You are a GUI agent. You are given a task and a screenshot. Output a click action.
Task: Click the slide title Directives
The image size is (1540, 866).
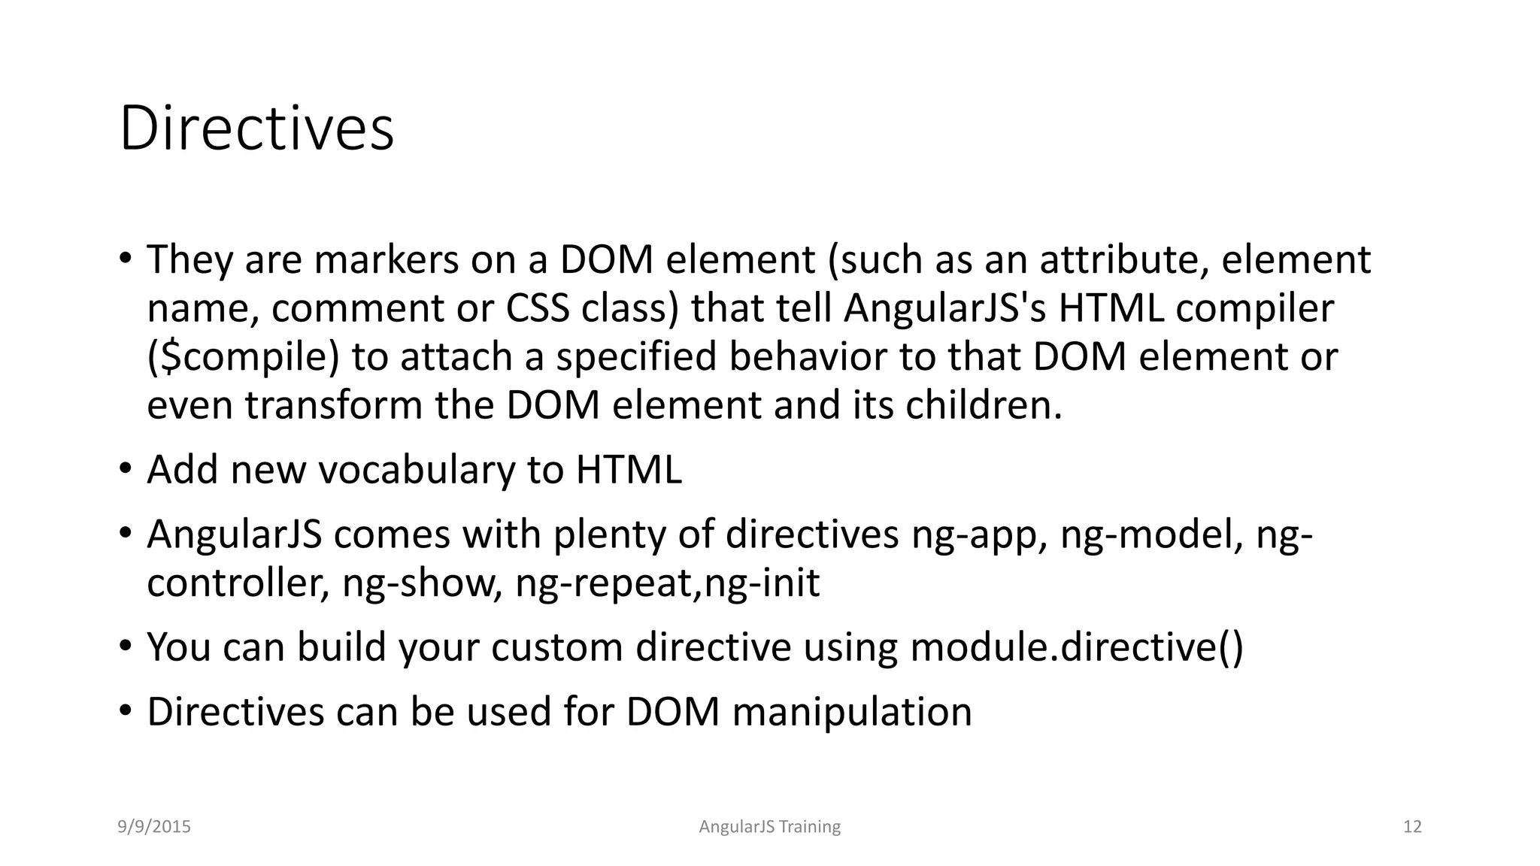[x=256, y=129]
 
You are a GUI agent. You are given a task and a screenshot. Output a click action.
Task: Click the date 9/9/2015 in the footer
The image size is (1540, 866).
[x=154, y=827]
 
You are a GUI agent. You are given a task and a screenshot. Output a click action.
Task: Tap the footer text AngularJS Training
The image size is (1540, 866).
[x=769, y=827]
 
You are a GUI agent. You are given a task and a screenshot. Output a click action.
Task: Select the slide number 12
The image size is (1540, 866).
[x=1412, y=827]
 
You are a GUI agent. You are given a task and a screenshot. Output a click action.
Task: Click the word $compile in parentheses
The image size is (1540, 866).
[x=244, y=357]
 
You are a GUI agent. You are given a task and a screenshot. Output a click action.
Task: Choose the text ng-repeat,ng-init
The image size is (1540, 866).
[x=667, y=584]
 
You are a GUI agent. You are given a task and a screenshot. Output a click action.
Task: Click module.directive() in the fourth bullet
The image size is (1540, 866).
[x=1077, y=648]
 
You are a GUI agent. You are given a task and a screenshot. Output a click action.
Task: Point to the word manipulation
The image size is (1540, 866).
[x=851, y=713]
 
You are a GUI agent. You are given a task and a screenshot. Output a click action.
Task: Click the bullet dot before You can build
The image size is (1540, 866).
[x=125, y=646]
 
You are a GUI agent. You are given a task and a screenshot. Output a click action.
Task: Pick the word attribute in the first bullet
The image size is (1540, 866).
[x=1124, y=260]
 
